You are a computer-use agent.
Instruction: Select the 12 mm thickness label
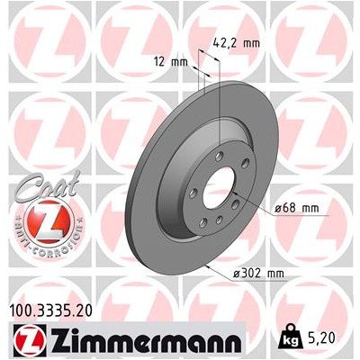[167, 62]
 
